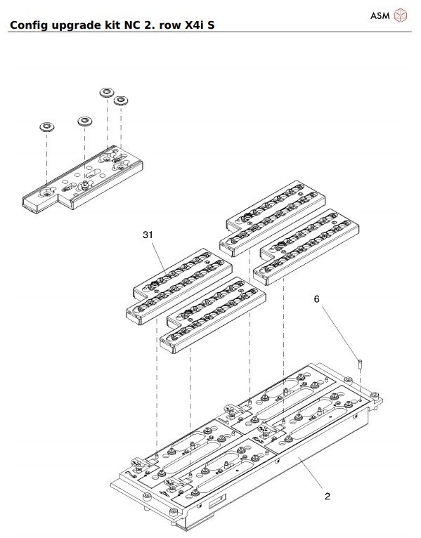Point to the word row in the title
point(164,26)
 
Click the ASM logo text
point(380,15)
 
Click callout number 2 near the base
point(327,496)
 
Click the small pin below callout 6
point(358,365)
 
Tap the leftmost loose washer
point(48,128)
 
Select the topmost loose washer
point(107,93)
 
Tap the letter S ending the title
point(211,26)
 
